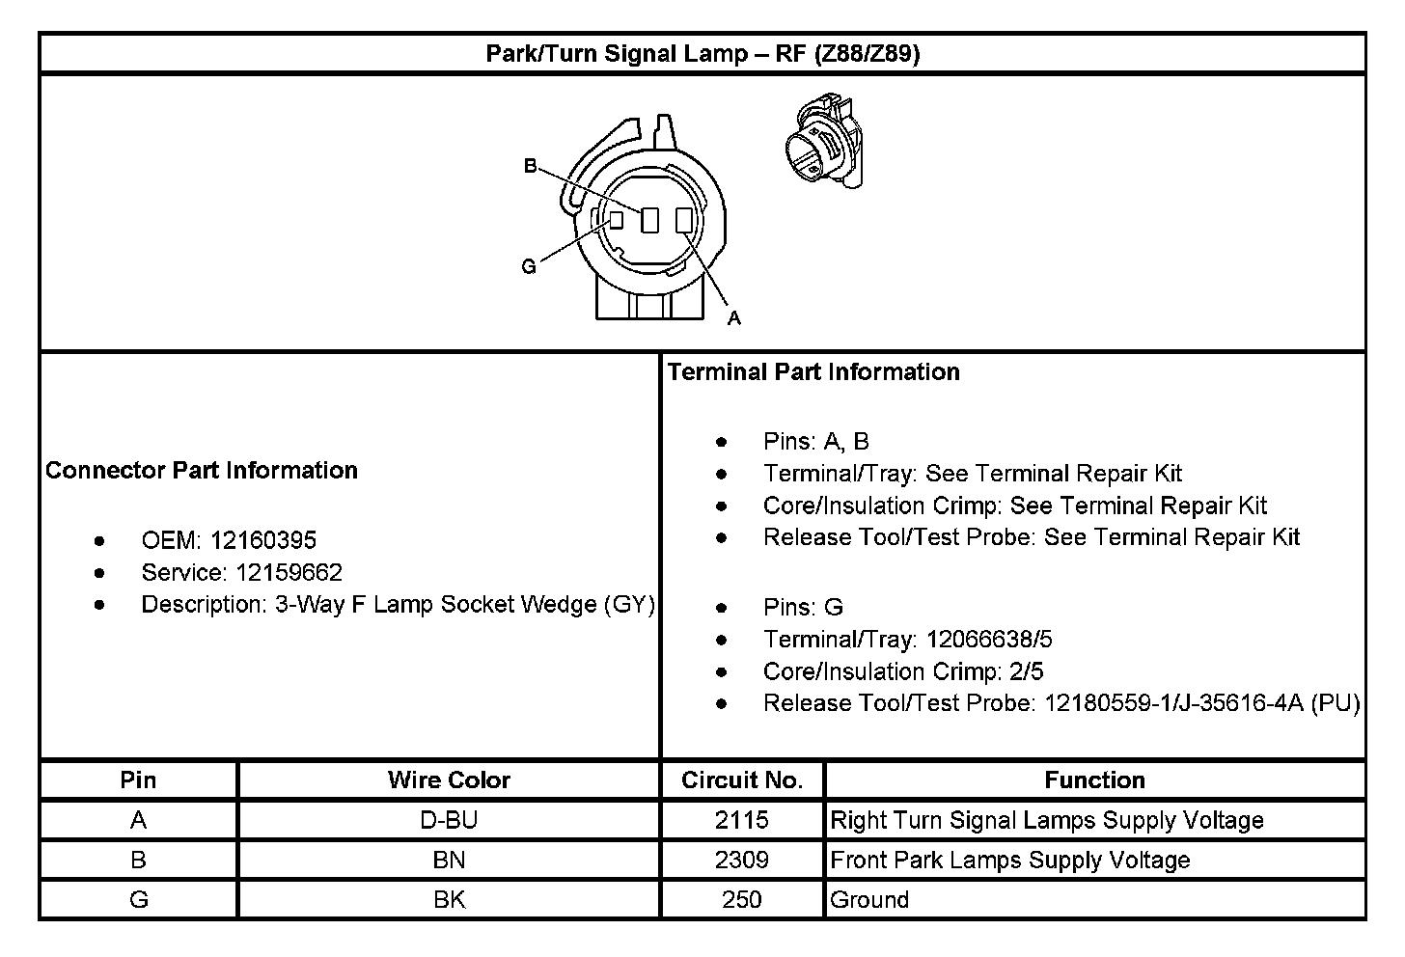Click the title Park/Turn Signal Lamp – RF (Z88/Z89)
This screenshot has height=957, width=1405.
click(x=702, y=54)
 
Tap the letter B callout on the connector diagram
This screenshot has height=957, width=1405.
click(x=530, y=166)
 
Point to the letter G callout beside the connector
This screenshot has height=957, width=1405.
click(x=528, y=266)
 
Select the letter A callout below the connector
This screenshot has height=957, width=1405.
click(x=733, y=317)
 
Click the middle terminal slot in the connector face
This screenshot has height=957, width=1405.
click(x=649, y=221)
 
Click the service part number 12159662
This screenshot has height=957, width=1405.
click(x=289, y=573)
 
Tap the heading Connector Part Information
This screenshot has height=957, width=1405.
click(x=202, y=471)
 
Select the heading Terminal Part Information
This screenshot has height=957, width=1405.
click(x=813, y=372)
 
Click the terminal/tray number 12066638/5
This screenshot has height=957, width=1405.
click(x=989, y=640)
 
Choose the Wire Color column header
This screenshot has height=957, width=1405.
click(x=449, y=780)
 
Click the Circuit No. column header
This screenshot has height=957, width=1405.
click(x=742, y=780)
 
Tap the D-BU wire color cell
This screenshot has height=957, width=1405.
click(x=449, y=820)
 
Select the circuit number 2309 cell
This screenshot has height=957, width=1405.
click(x=742, y=860)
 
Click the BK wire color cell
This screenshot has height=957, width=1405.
click(x=449, y=900)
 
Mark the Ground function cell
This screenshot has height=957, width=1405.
click(x=869, y=900)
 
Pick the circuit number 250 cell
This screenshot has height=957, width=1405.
click(x=742, y=900)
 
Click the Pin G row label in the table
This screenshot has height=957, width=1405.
click(x=139, y=900)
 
